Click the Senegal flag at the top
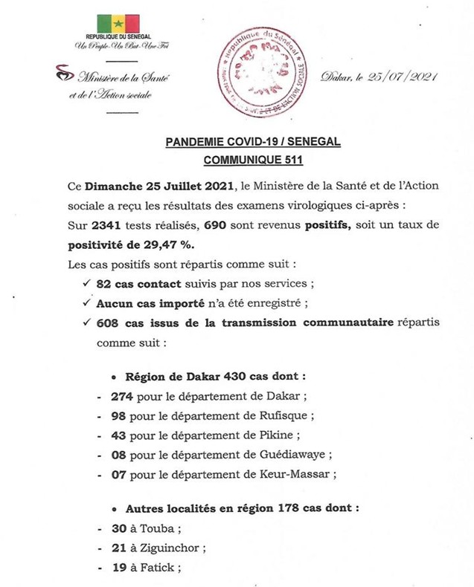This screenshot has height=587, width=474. (118, 25)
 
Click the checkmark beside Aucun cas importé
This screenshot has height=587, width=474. (85, 303)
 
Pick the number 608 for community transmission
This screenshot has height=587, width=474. (107, 323)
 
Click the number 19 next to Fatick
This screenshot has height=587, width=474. (118, 568)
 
